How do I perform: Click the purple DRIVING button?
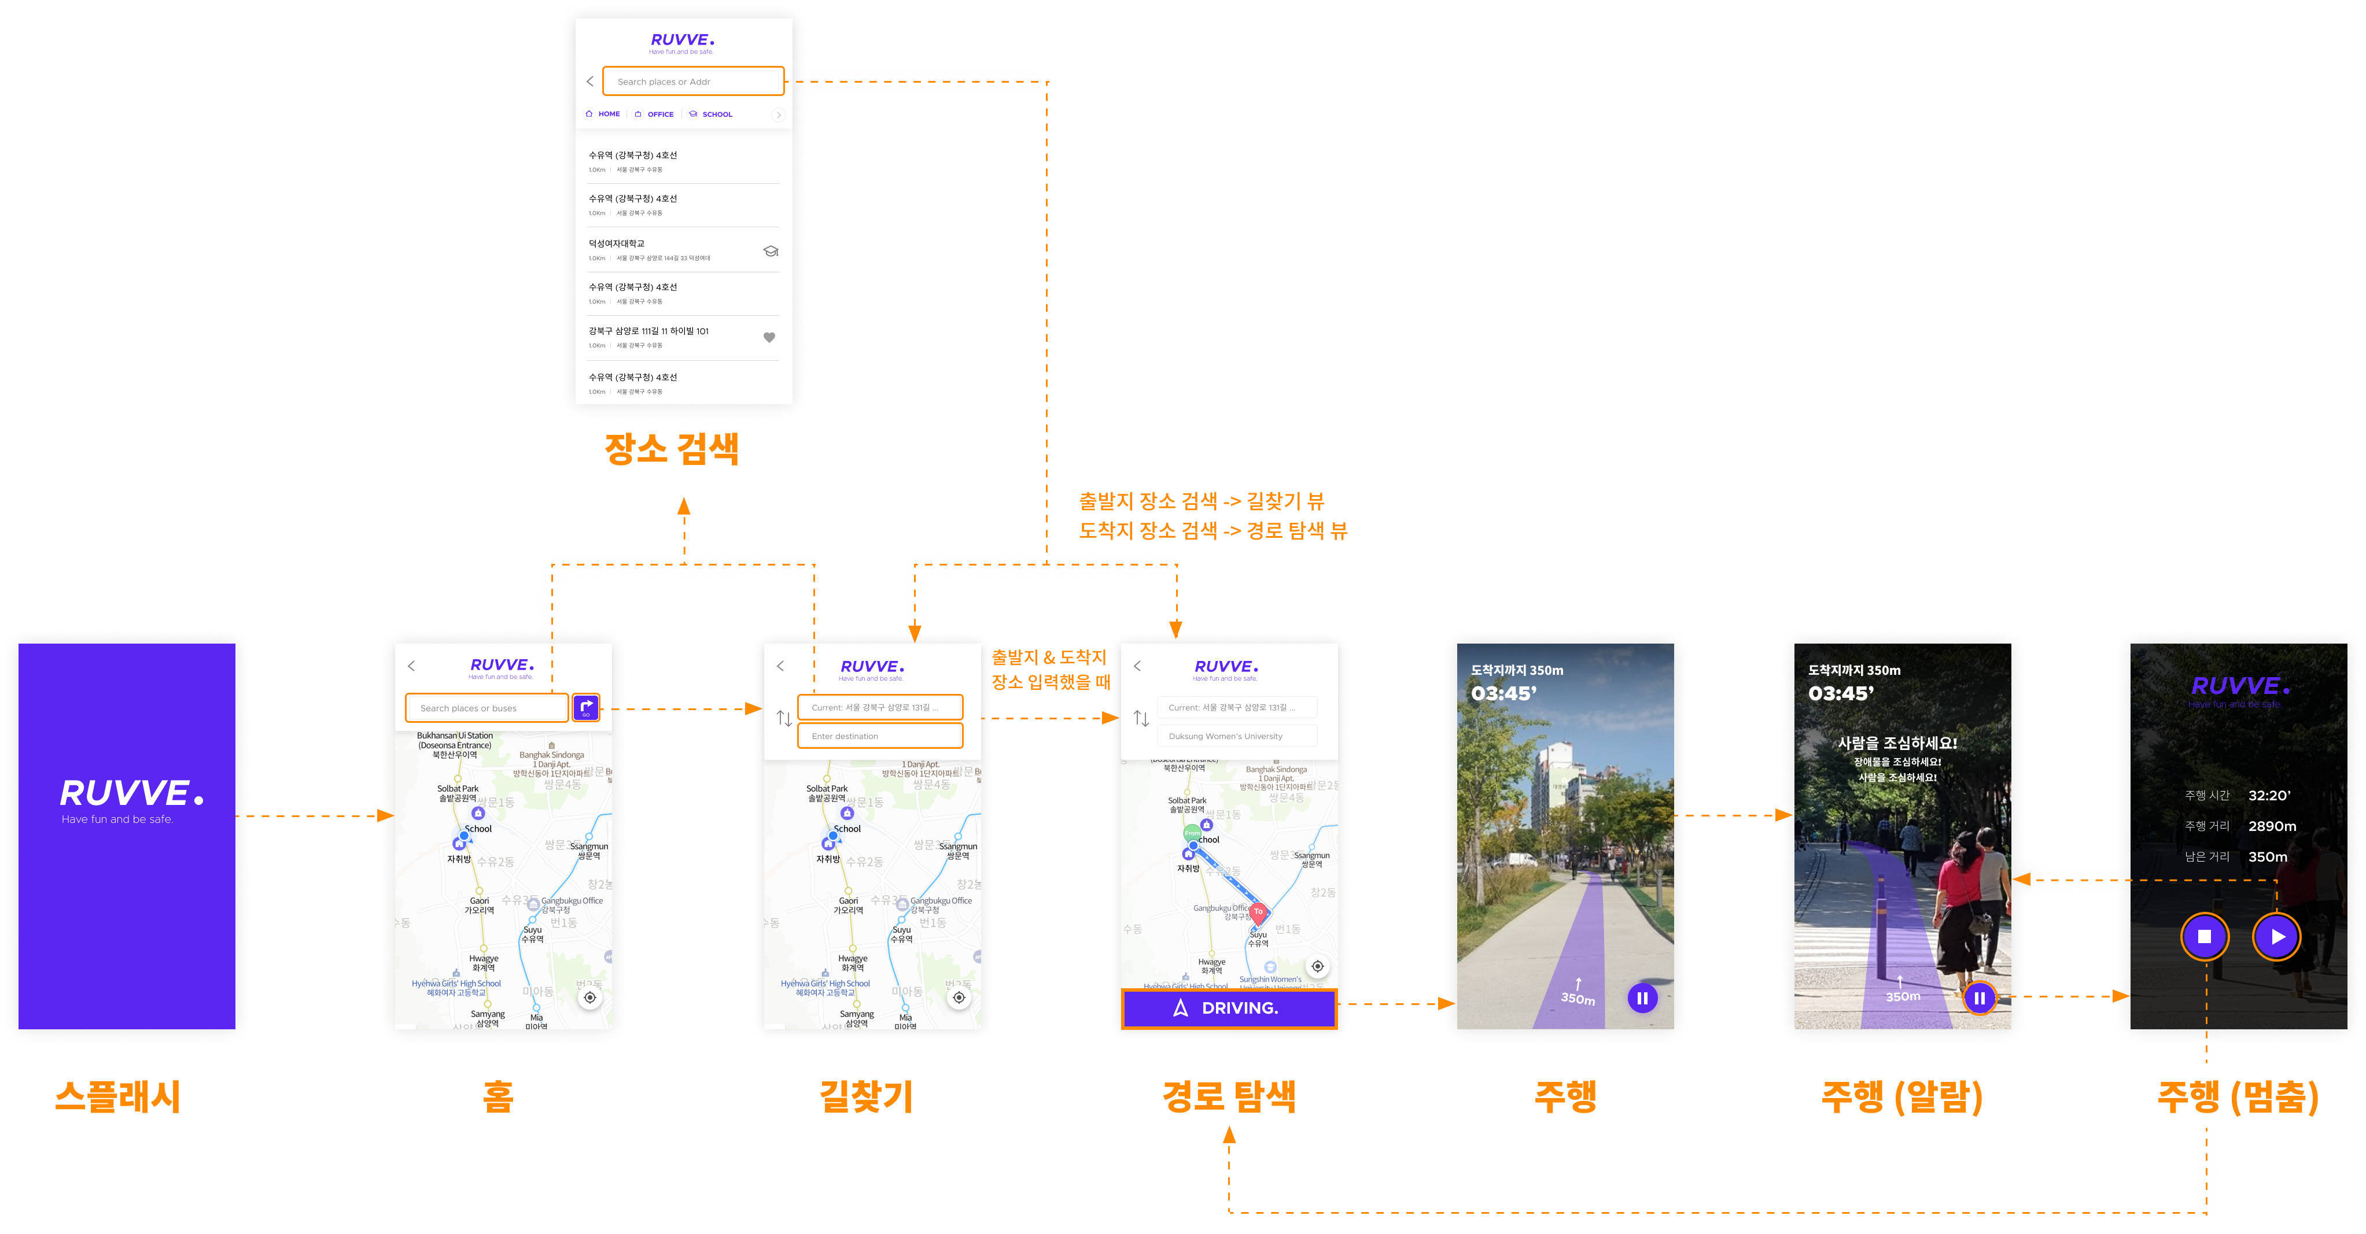1228,1008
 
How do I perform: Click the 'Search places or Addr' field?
692,82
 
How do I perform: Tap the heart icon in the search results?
770,338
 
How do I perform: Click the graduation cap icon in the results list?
771,250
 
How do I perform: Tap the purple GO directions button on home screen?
586,707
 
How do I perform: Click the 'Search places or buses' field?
487,708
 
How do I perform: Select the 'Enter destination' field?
880,736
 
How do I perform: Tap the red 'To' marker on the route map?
1258,912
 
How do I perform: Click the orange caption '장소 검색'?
672,449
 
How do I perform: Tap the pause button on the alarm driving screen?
1980,997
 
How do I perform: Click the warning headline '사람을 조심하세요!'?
1897,743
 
